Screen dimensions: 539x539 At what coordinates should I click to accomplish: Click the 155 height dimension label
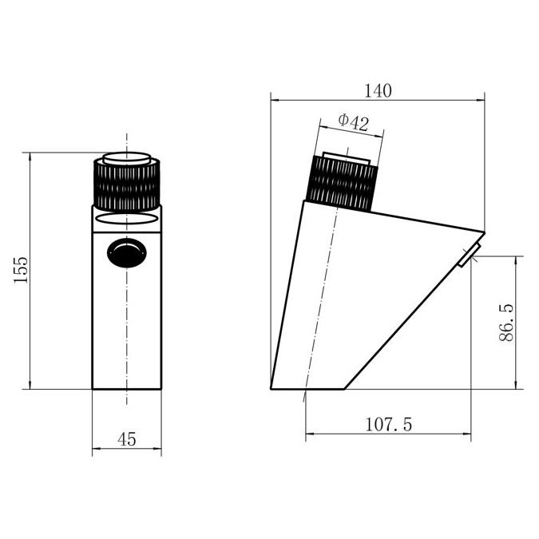pos(21,270)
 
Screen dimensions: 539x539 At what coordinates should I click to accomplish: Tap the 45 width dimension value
pos(126,439)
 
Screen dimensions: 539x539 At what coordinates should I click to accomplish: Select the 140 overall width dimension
pos(378,91)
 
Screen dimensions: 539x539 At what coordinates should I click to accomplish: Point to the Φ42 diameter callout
pos(354,122)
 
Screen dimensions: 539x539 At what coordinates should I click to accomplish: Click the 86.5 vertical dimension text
pos(506,323)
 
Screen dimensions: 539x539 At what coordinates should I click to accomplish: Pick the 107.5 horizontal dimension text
pos(388,425)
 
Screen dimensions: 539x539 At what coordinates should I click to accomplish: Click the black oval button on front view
pos(127,252)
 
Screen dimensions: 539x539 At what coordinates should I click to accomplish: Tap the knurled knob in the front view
pos(127,185)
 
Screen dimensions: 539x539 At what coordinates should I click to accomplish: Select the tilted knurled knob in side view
pos(343,183)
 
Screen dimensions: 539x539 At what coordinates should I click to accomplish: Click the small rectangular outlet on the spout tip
pos(470,255)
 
